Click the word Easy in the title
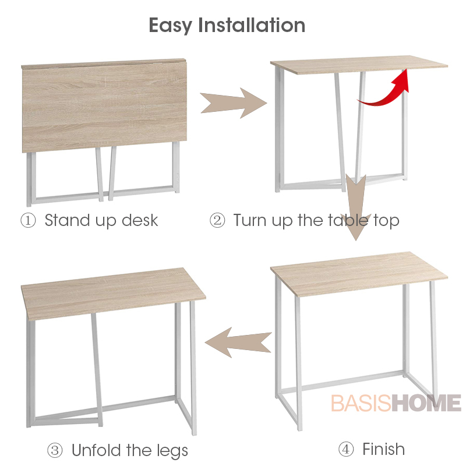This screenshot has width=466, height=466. [x=170, y=26]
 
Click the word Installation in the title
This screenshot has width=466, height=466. [x=252, y=25]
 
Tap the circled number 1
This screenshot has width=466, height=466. [x=28, y=221]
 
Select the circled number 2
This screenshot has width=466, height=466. [x=217, y=221]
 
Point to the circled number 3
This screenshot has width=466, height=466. [x=55, y=450]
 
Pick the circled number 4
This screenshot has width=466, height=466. [x=346, y=449]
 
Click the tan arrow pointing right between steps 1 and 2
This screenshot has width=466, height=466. [x=234, y=103]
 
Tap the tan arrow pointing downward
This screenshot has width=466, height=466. [x=356, y=207]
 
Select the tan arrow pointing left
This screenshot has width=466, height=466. [x=238, y=343]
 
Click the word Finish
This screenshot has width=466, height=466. [x=383, y=449]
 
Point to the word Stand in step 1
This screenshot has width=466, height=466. [x=67, y=221]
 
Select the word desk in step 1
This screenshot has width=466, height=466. [x=140, y=221]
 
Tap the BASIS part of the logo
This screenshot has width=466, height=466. [x=361, y=403]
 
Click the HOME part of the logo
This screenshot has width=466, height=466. [x=426, y=403]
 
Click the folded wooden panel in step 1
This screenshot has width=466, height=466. [x=104, y=106]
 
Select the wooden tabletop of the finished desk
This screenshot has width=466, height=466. [x=359, y=274]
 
